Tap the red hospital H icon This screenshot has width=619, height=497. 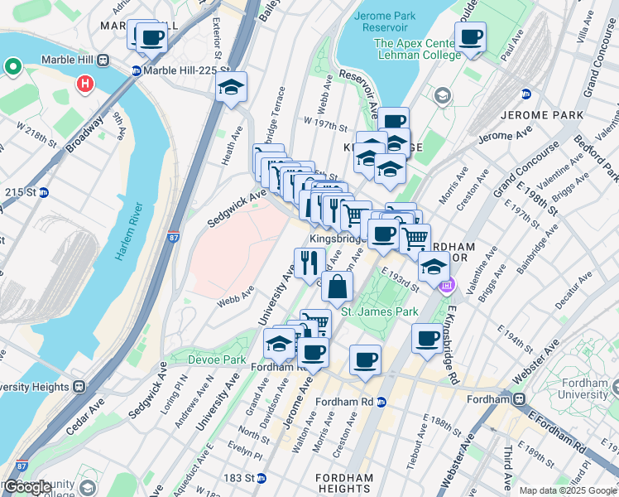pos(84,84)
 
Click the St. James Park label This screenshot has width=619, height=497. pos(380,311)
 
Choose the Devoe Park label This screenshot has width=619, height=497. pos(207,360)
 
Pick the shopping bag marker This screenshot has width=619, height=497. pos(338,287)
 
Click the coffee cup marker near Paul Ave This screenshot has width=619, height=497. pos(471,37)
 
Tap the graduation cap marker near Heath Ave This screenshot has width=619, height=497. pos(232,87)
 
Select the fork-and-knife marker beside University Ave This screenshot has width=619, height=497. pos(309,263)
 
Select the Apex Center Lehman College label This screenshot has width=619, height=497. pos(417,49)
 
